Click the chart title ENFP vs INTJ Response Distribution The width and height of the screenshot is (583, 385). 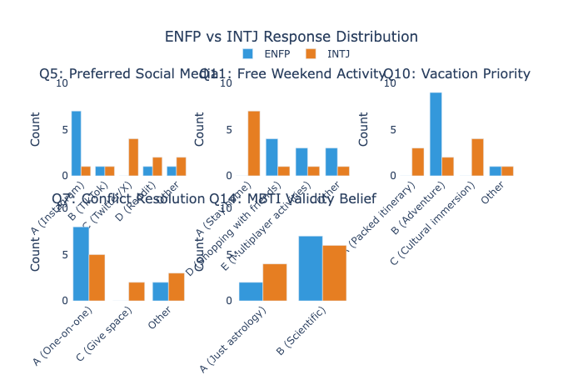click(x=291, y=37)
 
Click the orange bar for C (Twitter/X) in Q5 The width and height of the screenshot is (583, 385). click(x=133, y=157)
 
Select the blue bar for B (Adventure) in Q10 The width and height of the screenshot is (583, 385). click(x=436, y=134)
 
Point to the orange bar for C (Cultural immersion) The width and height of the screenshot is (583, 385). click(x=477, y=157)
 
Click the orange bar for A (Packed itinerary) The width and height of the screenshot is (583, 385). click(x=418, y=162)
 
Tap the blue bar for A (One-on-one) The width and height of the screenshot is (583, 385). click(x=81, y=263)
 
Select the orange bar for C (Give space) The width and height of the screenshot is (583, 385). click(x=137, y=291)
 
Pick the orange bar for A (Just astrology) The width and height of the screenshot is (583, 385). click(x=275, y=282)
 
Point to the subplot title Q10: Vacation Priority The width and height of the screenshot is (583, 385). click(x=456, y=74)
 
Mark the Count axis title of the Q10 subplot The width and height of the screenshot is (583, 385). click(x=364, y=129)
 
